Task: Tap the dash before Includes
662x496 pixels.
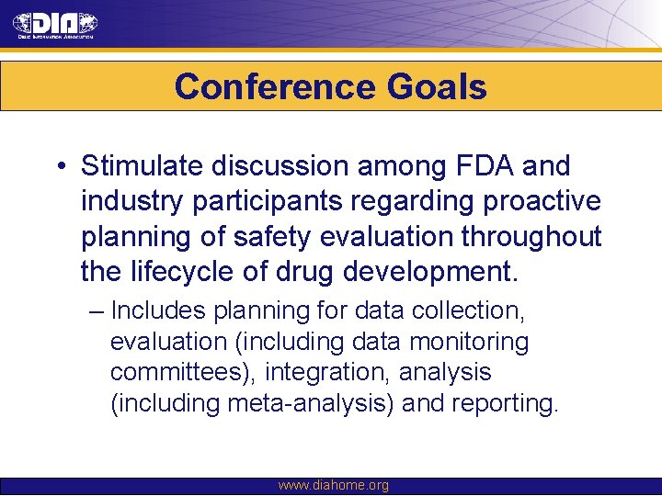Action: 97,310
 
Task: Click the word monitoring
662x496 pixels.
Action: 468,342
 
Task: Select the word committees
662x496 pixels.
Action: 182,373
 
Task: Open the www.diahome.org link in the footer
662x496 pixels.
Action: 333,485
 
